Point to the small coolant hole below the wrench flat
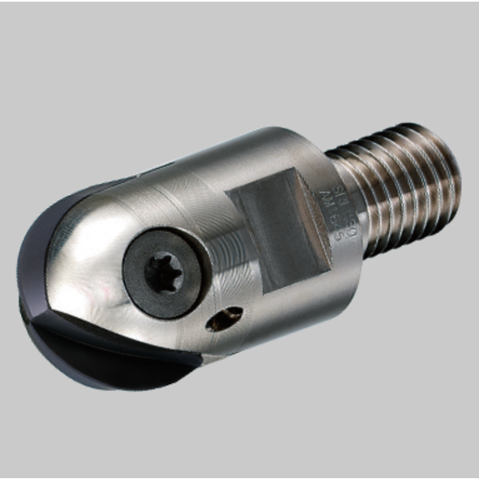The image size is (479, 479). click(225, 319)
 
